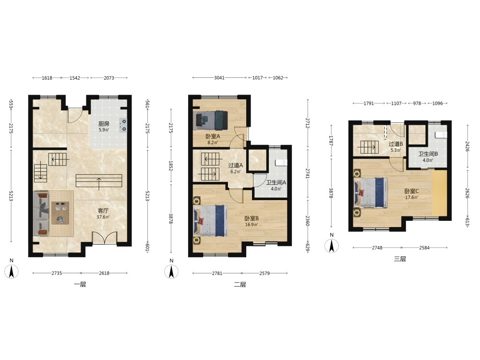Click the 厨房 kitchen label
click(104, 124)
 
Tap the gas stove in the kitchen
click(123, 125)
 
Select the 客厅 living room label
click(103, 211)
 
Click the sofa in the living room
click(41, 214)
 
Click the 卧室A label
click(213, 136)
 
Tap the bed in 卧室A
click(212, 120)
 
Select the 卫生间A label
click(276, 183)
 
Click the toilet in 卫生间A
click(281, 162)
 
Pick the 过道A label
click(235, 166)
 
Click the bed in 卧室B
click(211, 220)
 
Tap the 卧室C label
click(412, 192)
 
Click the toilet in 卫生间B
click(441, 135)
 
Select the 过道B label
click(396, 144)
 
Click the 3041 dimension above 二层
click(219, 78)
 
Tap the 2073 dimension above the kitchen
click(108, 78)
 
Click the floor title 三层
click(400, 259)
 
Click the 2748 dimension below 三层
click(377, 248)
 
